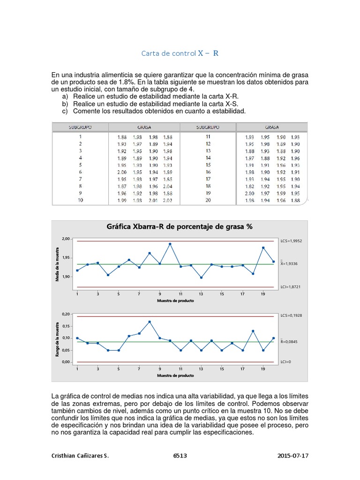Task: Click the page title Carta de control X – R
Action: (180, 53)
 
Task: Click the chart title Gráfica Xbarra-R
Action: (180, 226)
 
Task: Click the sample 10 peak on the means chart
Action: (170, 244)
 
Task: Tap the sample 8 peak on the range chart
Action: (149, 322)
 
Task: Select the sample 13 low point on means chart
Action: (201, 277)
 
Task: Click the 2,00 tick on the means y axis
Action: (66, 239)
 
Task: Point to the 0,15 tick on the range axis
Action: (66, 326)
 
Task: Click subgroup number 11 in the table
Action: (208, 137)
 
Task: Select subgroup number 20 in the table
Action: (208, 200)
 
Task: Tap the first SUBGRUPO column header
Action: (80, 127)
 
